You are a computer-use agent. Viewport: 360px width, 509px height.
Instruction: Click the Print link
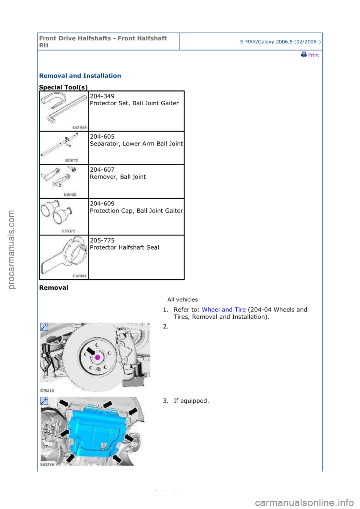(x=310, y=55)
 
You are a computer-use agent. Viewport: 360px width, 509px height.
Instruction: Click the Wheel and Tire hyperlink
(x=223, y=310)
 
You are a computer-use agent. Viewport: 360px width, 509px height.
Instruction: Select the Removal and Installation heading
(x=80, y=76)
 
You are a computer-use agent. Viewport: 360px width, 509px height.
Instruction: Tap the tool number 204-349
(x=102, y=96)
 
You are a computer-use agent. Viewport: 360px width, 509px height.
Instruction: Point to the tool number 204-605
(x=102, y=137)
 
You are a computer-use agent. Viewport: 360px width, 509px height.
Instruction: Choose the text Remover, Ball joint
(x=118, y=177)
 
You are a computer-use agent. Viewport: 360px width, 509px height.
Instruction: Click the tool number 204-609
(x=102, y=204)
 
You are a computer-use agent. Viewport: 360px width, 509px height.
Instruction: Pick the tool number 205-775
(x=102, y=241)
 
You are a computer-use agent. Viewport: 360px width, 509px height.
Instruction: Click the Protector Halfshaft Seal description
(x=124, y=247)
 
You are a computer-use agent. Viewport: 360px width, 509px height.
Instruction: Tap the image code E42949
(x=79, y=128)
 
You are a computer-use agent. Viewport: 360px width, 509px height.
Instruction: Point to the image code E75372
(x=69, y=231)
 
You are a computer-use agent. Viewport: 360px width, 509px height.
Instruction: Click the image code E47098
(x=79, y=276)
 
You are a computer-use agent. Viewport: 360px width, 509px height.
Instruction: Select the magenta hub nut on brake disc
(x=97, y=357)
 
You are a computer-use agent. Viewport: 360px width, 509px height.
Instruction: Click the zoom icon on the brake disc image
(x=44, y=327)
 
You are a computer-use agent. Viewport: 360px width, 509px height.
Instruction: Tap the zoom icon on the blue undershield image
(x=44, y=401)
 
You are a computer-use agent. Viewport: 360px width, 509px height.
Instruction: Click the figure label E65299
(x=47, y=464)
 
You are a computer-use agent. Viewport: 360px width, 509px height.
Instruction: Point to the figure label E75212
(x=47, y=391)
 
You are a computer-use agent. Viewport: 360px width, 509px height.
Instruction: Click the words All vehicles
(x=182, y=299)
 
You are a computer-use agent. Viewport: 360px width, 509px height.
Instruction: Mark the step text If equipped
(x=191, y=401)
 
